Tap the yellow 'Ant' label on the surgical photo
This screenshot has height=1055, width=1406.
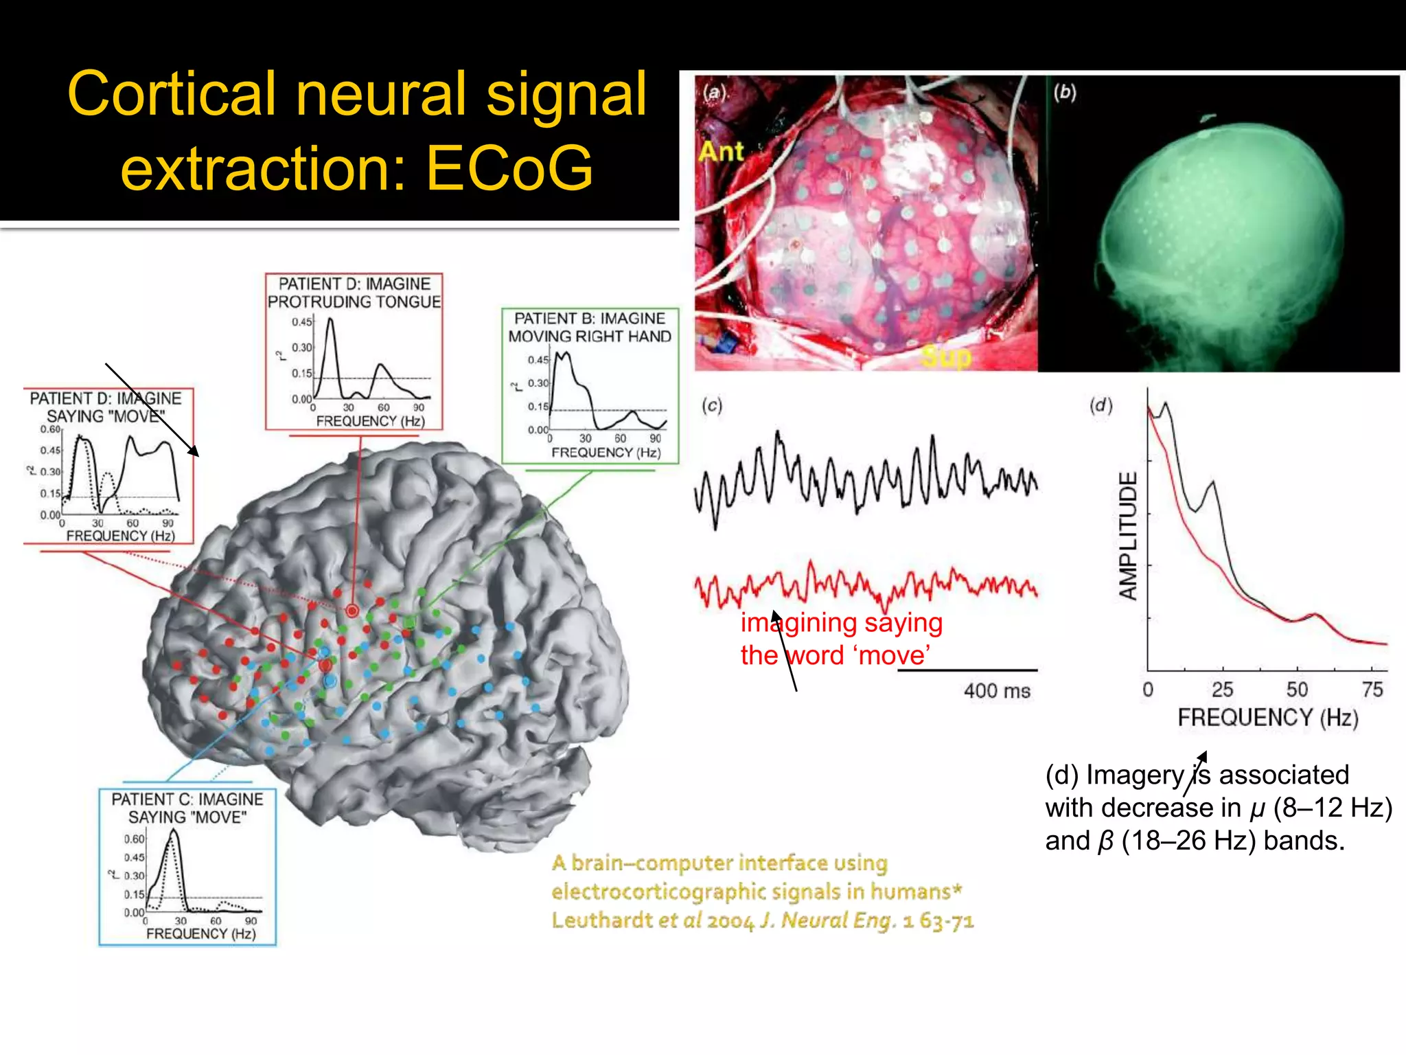(721, 151)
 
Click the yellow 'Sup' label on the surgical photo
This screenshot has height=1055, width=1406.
(946, 357)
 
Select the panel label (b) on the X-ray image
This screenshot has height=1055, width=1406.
(1065, 92)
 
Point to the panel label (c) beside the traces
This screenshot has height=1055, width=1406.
(712, 405)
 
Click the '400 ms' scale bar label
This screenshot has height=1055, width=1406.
(997, 690)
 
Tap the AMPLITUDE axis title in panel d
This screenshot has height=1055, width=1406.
(1128, 536)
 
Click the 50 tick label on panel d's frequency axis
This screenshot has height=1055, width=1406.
(1297, 690)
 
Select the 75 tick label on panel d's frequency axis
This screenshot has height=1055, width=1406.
(1372, 690)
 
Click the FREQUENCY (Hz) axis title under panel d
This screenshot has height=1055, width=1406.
(1268, 718)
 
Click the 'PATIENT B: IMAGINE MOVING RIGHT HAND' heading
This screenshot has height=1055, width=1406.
(590, 328)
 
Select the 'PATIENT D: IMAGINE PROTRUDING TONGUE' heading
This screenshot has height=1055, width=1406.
(354, 293)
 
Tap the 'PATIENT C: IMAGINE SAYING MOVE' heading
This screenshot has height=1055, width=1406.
(187, 808)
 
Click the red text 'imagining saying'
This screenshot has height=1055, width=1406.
(841, 623)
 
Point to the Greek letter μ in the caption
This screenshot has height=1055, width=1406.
(1257, 808)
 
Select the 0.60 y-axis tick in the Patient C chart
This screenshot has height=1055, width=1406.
(134, 839)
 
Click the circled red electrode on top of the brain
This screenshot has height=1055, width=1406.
(351, 611)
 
